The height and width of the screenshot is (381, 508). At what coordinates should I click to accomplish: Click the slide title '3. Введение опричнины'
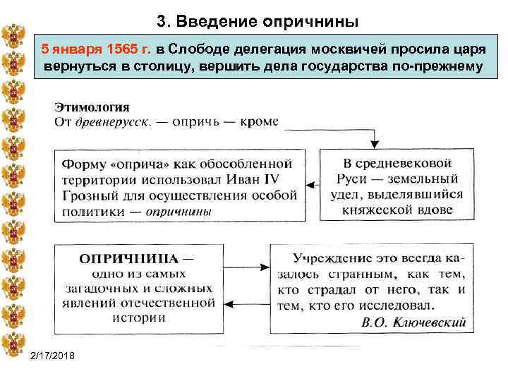click(258, 22)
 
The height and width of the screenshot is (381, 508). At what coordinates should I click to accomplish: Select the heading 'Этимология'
click(92, 107)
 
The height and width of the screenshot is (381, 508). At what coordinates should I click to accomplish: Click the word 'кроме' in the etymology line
click(259, 121)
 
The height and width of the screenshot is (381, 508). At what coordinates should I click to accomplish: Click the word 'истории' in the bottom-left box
click(137, 317)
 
